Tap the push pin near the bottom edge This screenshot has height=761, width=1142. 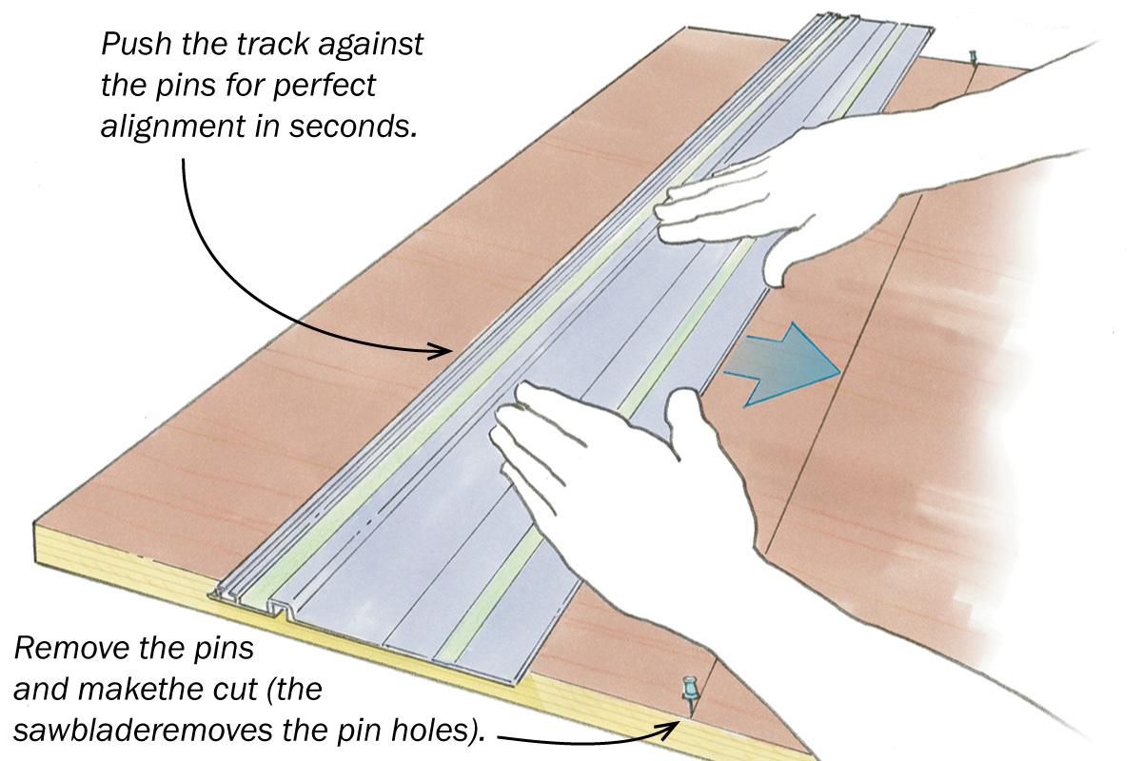click(686, 691)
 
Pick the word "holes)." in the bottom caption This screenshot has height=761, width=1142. click(438, 732)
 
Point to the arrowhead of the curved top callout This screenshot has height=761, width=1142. click(443, 351)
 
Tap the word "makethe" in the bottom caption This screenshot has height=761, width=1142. click(124, 692)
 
